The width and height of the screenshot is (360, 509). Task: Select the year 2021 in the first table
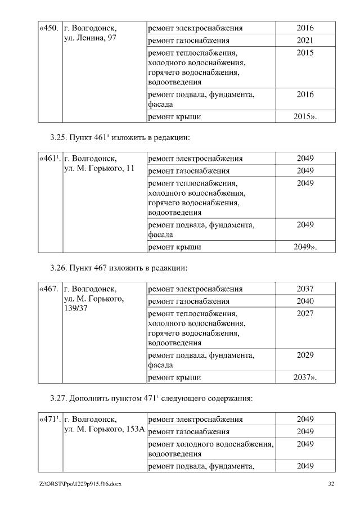pos(305,40)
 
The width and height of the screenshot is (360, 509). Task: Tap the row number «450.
pos(49,28)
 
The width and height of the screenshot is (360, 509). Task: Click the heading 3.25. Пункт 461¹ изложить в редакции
pos(119,137)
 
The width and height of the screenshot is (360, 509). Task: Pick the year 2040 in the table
pos(305,301)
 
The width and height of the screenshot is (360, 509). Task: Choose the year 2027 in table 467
pos(305,313)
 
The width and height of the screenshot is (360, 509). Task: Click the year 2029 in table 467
pos(305,355)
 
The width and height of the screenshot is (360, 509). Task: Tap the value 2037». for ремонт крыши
pos(305,377)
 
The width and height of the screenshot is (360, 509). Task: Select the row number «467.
pos(49,289)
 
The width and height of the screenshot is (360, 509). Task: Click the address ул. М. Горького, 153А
pos(105,430)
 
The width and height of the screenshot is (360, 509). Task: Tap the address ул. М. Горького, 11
pos(99,169)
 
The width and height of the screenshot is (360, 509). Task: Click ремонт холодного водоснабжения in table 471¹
pos(210,444)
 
